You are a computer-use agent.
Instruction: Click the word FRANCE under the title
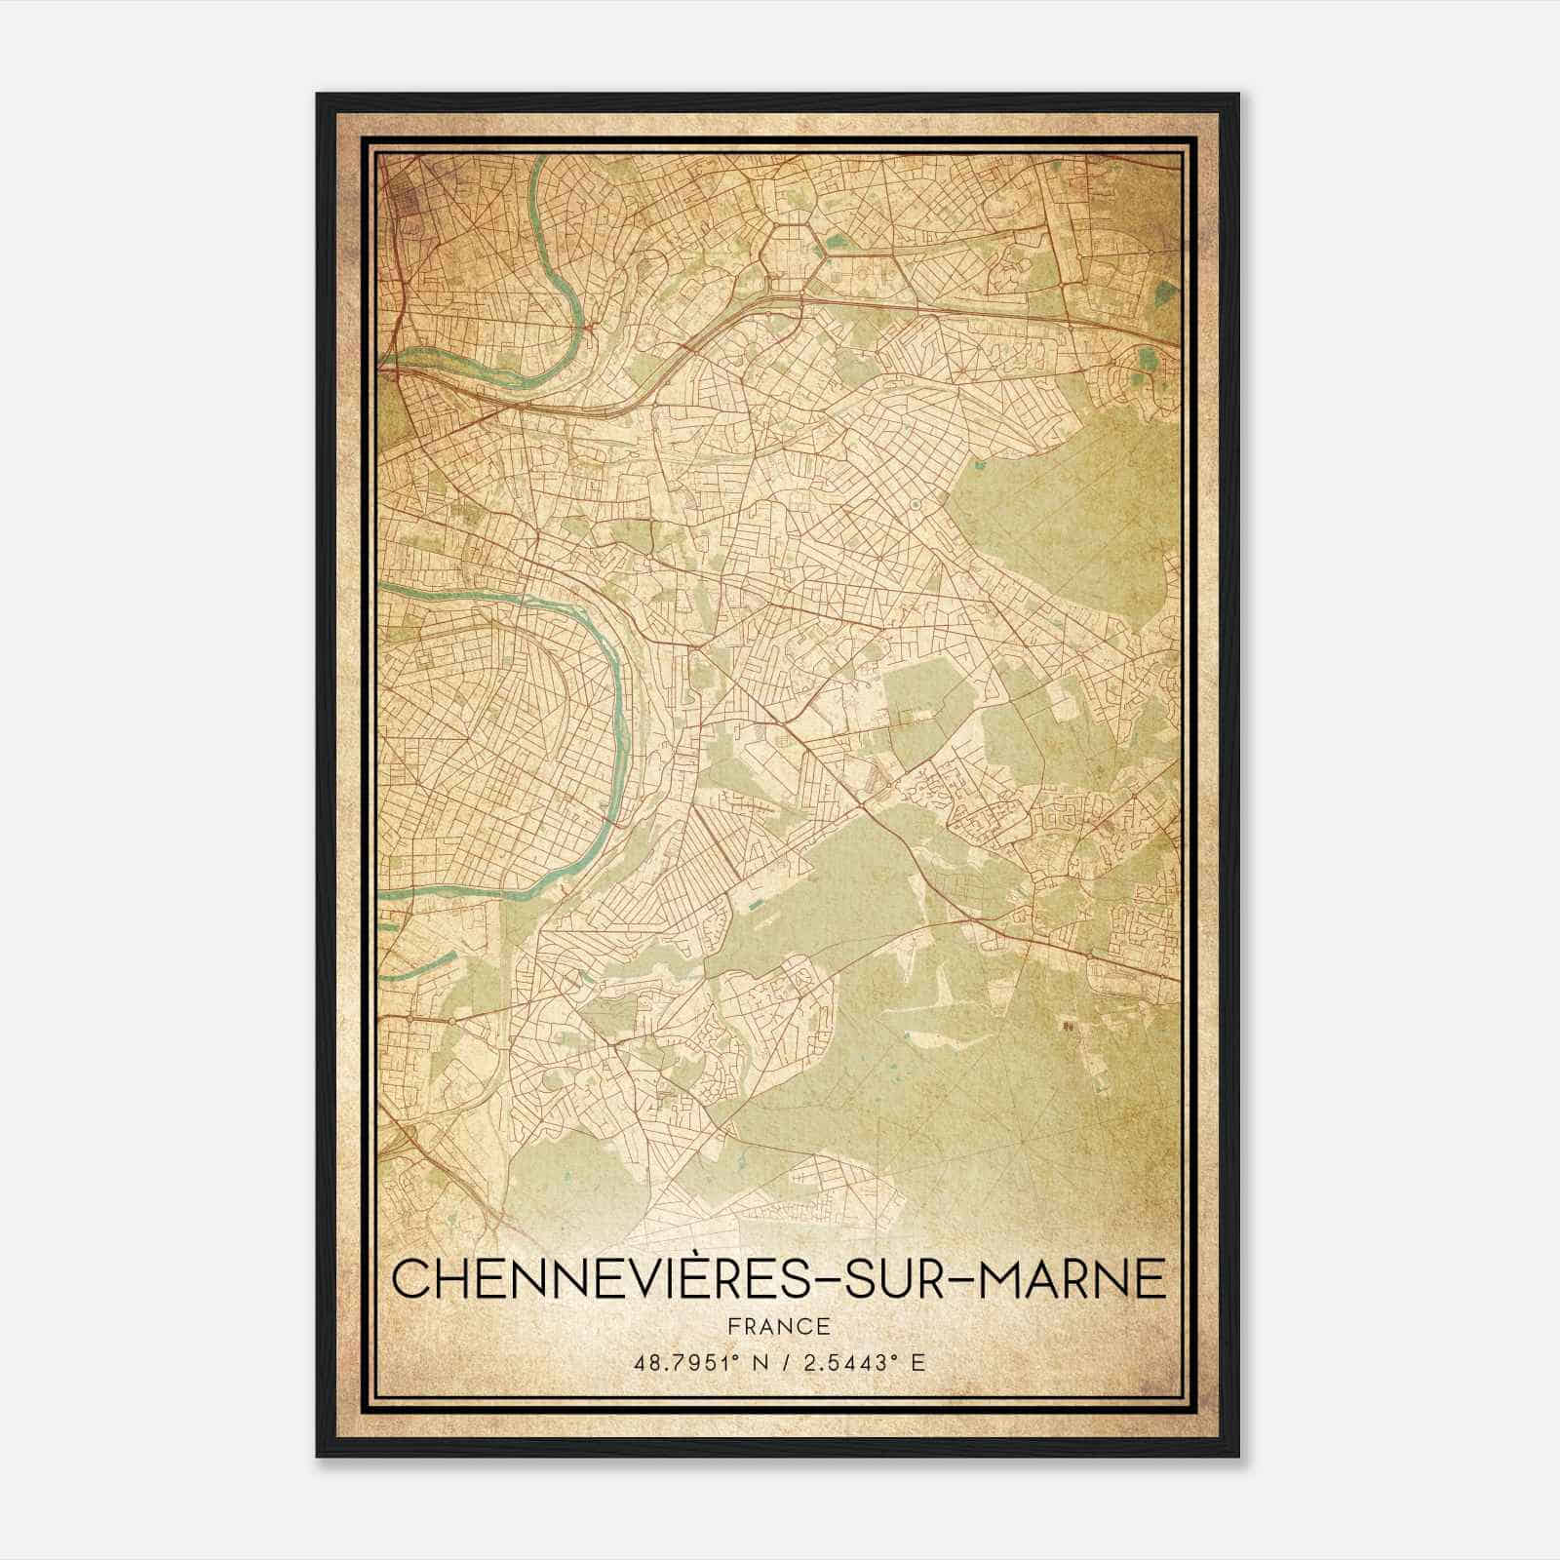pyautogui.click(x=778, y=1326)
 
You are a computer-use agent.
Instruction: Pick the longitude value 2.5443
pyautogui.click(x=849, y=1363)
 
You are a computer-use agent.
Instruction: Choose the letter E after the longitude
pyautogui.click(x=918, y=1363)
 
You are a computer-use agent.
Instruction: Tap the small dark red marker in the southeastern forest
pyautogui.click(x=1066, y=1027)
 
